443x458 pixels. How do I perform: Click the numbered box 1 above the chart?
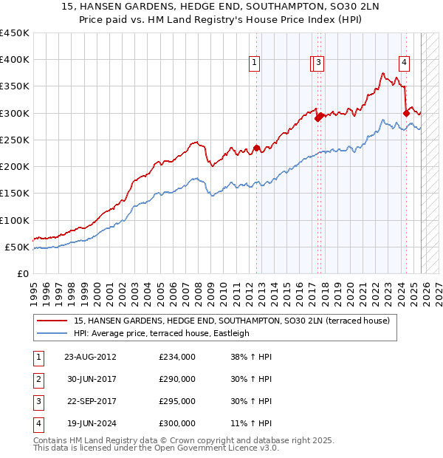pyautogui.click(x=254, y=64)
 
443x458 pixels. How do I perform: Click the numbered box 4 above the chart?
pyautogui.click(x=405, y=64)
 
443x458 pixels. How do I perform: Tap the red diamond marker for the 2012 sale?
pyautogui.click(x=257, y=148)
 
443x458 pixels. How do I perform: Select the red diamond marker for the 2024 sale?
pyautogui.click(x=406, y=113)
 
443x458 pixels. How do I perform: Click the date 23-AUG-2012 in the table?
pyautogui.click(x=90, y=357)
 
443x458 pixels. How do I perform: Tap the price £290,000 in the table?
pyautogui.click(x=177, y=379)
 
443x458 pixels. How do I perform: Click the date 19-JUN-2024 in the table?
pyautogui.click(x=89, y=423)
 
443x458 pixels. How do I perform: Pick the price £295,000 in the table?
pyautogui.click(x=177, y=401)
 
